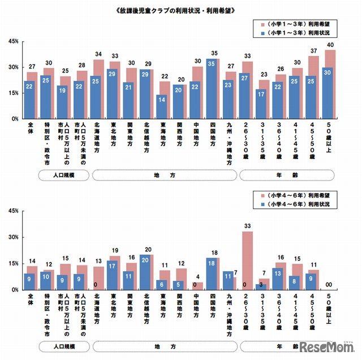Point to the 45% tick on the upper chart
12,42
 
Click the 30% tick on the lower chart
12,238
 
